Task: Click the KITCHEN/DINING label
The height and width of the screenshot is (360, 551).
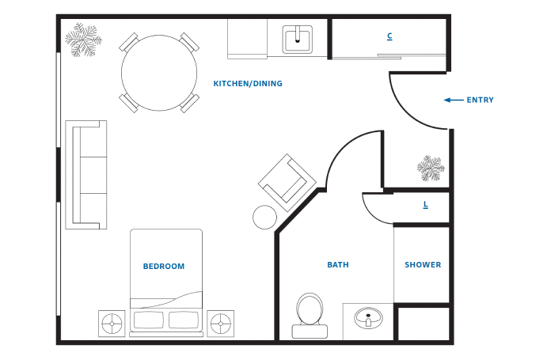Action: coord(248,84)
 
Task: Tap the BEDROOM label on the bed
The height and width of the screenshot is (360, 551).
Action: coord(164,266)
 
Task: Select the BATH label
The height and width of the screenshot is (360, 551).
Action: coord(338,265)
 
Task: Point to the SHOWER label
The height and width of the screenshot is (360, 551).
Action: coord(423,265)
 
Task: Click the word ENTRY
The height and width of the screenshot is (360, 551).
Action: coord(480,100)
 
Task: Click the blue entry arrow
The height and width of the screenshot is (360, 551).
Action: coord(454,100)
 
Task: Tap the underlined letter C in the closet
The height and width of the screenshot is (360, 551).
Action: coord(389,36)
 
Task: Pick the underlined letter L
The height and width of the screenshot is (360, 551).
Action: coord(426,205)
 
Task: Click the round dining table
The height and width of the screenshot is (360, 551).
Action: coord(159,73)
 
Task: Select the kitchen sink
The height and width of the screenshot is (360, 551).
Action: coord(298,40)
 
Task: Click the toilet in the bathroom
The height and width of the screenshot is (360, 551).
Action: coord(310,316)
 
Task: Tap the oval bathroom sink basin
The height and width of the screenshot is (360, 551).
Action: coord(368,318)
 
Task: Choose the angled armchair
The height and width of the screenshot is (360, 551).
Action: coord(287,183)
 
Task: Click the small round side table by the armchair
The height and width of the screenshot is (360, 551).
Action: coord(264,218)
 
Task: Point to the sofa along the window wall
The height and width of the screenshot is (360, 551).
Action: coord(86,175)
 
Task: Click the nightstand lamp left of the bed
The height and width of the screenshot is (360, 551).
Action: coord(112,324)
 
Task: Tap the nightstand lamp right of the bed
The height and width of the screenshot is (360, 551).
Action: coord(221,324)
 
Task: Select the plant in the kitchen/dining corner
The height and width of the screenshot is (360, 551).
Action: coord(83,40)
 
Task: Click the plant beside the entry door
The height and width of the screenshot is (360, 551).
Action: coord(431,169)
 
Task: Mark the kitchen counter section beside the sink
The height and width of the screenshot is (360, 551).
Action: coord(247,39)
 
